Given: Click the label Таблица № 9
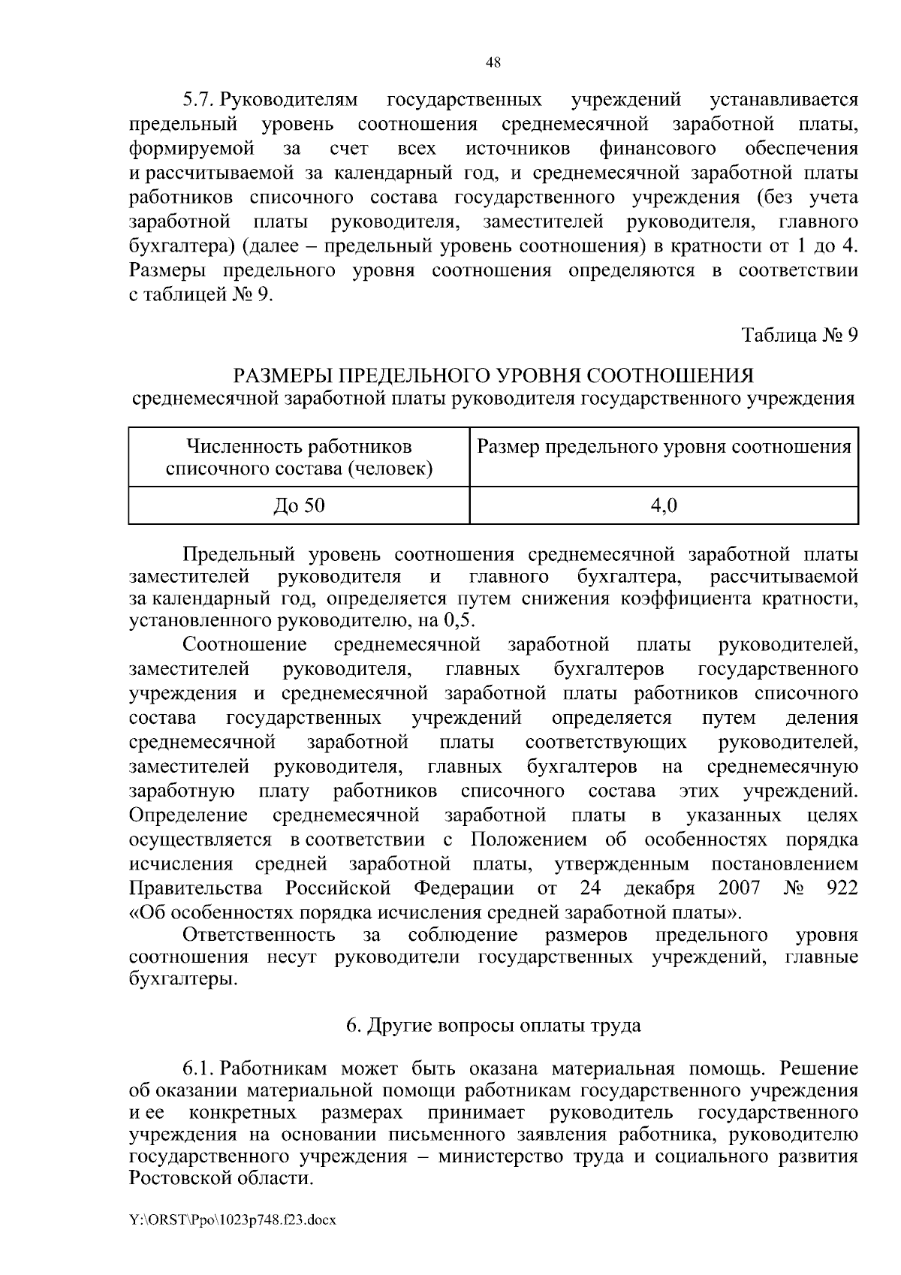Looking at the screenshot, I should coord(800,335).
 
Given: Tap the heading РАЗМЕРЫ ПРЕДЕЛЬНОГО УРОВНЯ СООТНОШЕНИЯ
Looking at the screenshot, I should coord(493,375).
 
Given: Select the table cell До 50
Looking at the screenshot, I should coord(299,505).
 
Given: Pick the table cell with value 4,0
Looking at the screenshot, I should coord(664,505).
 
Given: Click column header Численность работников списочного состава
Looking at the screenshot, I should coord(299,458).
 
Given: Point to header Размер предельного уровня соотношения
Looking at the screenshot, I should coord(664,448).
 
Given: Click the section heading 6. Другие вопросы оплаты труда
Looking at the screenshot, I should coord(493,1025).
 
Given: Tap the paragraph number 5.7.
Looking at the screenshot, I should coord(199,100).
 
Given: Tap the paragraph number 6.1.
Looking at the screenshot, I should coord(199,1068).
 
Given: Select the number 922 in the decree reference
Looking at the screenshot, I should coord(841,888).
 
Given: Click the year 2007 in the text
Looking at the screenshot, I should coord(739,888).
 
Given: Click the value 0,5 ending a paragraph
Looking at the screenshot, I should coord(460,622).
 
